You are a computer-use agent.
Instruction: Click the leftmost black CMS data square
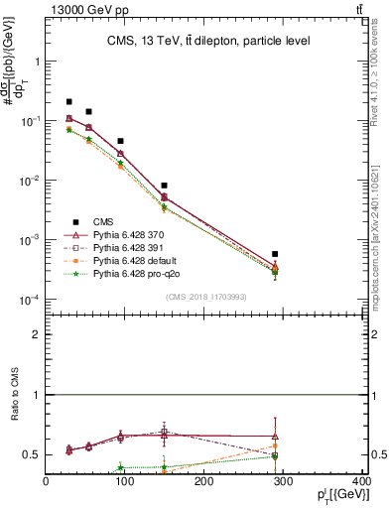(x=68, y=101)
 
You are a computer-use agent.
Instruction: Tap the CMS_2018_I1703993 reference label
(x=205, y=297)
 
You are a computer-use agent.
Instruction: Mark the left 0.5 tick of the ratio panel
(x=33, y=454)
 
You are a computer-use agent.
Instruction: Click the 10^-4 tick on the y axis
(x=29, y=300)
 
